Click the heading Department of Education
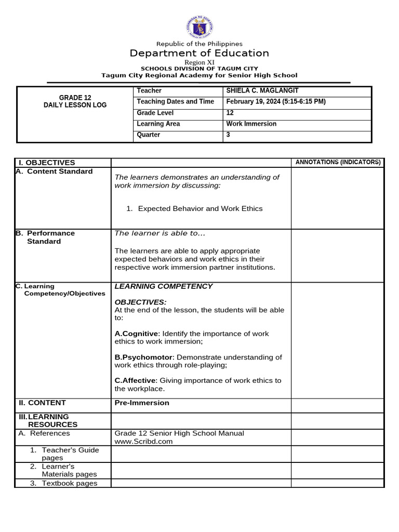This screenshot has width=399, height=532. [x=199, y=54]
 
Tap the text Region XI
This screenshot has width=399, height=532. [x=199, y=62]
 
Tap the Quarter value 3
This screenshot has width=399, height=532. [x=228, y=135]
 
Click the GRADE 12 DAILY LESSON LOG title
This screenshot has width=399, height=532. [x=75, y=101]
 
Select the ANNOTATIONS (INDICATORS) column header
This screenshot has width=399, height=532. [x=338, y=162]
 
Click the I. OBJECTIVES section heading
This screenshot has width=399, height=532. [x=47, y=163]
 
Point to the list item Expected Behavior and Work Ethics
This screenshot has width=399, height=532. [x=200, y=209]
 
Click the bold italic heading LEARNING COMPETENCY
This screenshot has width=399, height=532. [x=164, y=286]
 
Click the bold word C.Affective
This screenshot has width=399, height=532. [x=135, y=380]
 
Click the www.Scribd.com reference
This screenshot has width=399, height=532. [x=143, y=442]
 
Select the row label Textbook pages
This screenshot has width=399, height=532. [x=69, y=483]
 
